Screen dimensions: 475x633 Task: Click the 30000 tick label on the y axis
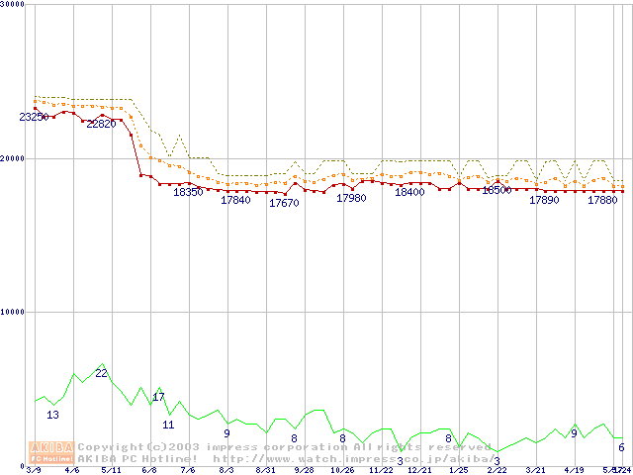coord(13,4)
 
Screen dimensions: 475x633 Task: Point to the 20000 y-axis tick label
coord(13,157)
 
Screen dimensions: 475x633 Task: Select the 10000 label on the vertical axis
coord(13,312)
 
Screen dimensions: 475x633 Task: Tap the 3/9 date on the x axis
coord(34,470)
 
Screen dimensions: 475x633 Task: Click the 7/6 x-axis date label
coord(188,470)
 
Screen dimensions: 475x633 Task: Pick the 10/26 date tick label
coord(342,470)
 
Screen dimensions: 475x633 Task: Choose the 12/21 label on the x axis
coord(419,470)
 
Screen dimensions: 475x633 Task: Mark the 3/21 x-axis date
coord(535,470)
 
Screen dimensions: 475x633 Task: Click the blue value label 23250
coord(35,117)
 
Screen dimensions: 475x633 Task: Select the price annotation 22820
coord(101,125)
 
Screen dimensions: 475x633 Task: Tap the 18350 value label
coord(188,192)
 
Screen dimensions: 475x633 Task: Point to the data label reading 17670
coord(284,203)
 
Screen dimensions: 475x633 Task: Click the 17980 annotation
coord(351,198)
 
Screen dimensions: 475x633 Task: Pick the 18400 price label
coord(409,192)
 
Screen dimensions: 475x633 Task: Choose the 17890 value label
coord(544,200)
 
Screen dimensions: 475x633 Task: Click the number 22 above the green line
coord(101,372)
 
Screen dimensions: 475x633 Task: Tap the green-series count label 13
coord(52,415)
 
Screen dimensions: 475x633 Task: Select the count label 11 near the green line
coord(168,425)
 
